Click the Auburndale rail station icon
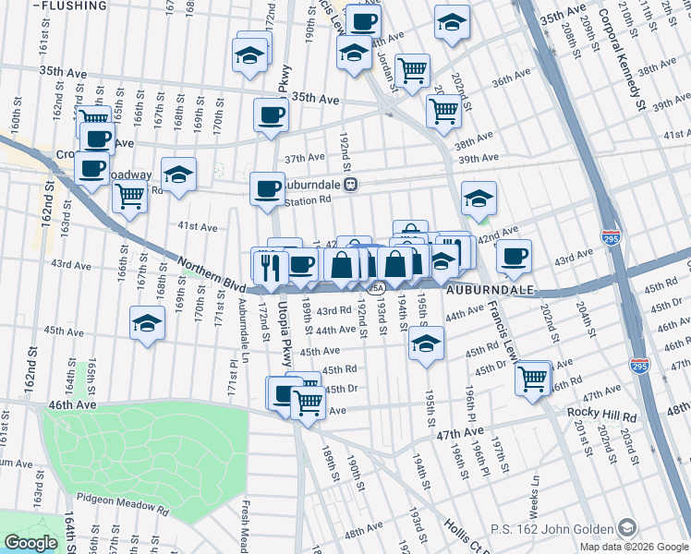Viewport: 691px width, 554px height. (x=352, y=184)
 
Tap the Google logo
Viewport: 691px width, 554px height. (x=30, y=543)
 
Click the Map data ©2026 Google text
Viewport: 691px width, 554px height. (x=634, y=547)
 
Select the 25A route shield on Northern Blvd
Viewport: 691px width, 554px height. (x=375, y=288)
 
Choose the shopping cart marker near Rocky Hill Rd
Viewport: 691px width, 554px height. (x=533, y=378)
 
